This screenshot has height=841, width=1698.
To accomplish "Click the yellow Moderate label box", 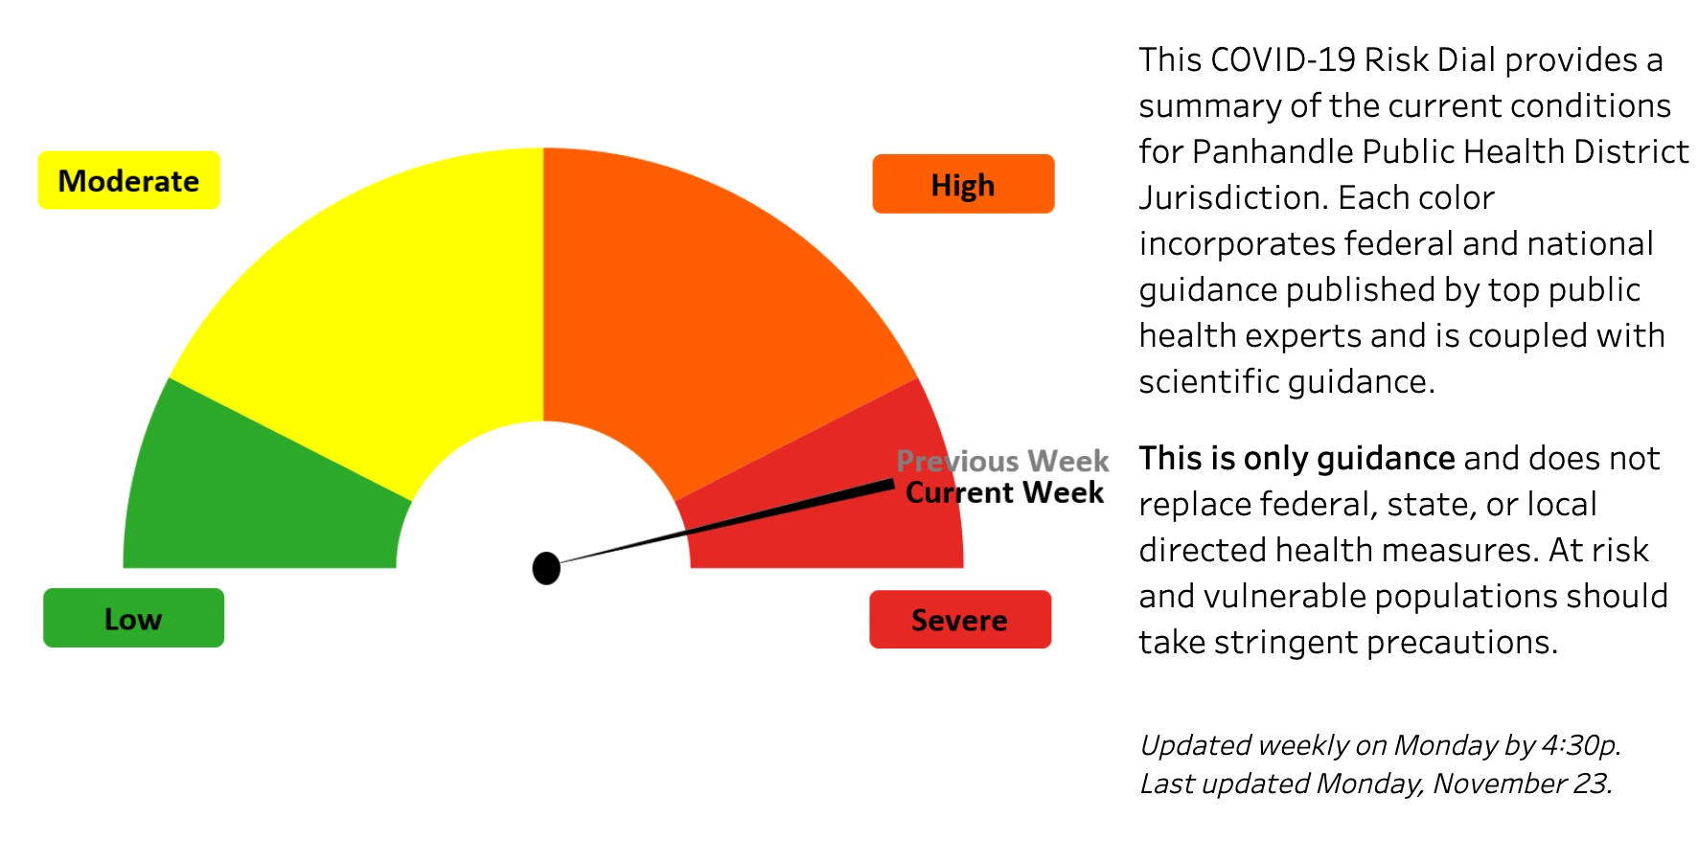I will coord(128,180).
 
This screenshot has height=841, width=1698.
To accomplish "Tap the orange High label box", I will coord(962,184).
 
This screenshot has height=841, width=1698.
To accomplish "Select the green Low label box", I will coord(133,618).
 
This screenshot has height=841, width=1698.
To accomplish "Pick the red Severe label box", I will coord(959,620).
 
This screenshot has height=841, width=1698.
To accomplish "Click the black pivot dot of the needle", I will coord(546,568).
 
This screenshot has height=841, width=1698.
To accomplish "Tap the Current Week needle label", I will coord(1004,492).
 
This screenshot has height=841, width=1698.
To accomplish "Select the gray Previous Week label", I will coord(1002,461).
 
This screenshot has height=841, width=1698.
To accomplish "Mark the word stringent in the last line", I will coord(1286,643).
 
